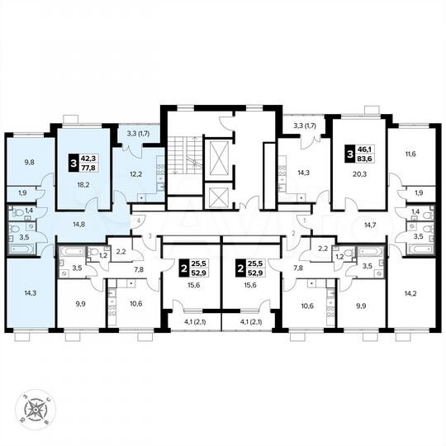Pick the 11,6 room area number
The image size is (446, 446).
pos(411,154)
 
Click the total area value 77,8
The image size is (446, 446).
pos(88,166)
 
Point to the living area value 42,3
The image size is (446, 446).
pos(88,154)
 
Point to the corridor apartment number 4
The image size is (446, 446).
pos(140,221)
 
